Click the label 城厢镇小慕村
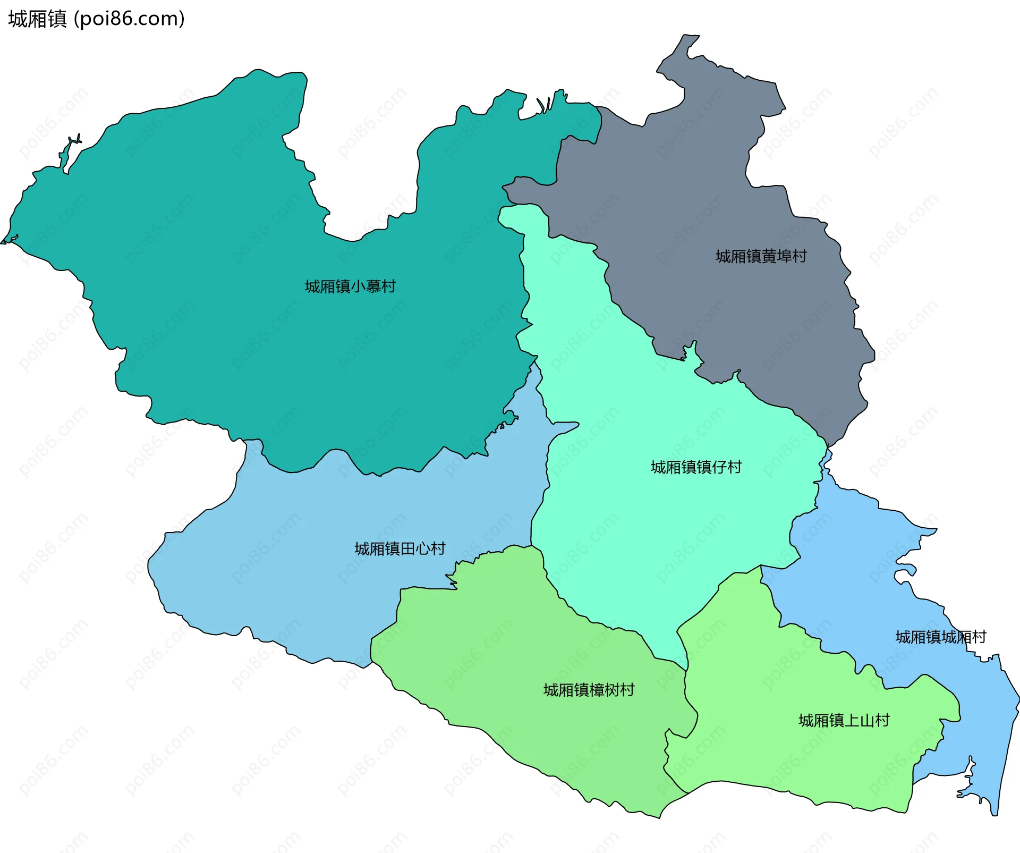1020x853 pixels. point(350,286)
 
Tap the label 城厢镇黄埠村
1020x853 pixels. point(761,256)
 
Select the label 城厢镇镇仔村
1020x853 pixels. point(696,467)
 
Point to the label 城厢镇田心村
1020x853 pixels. point(399,548)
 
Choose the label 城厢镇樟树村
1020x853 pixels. point(589,690)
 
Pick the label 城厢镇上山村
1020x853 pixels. point(844,721)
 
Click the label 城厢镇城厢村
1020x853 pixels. point(940,637)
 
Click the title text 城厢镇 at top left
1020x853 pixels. point(37,19)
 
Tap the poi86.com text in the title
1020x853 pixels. point(129,19)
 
